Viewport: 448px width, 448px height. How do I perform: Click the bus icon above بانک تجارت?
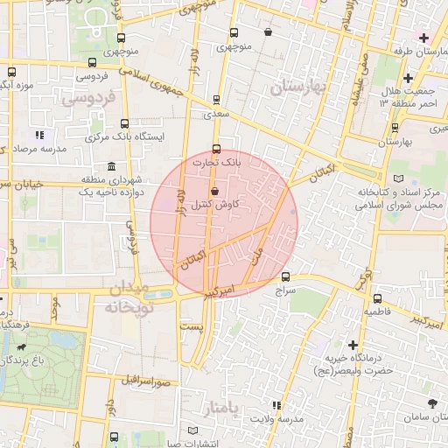pos(217,148)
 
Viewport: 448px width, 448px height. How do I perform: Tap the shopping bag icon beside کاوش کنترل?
pos(214,191)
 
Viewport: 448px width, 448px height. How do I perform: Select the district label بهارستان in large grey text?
pos(298,87)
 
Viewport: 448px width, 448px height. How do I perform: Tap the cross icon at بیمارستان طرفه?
pos(424,38)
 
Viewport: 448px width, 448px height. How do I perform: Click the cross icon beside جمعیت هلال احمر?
pos(408,79)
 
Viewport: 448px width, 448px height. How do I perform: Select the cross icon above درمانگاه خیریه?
pos(353,345)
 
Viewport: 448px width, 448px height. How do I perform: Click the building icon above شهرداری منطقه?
pos(111,167)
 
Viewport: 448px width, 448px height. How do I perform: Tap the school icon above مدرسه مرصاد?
pos(39,136)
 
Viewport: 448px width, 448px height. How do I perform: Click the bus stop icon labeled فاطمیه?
pos(376,298)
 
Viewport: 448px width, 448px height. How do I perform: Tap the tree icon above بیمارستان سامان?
pos(433,403)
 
